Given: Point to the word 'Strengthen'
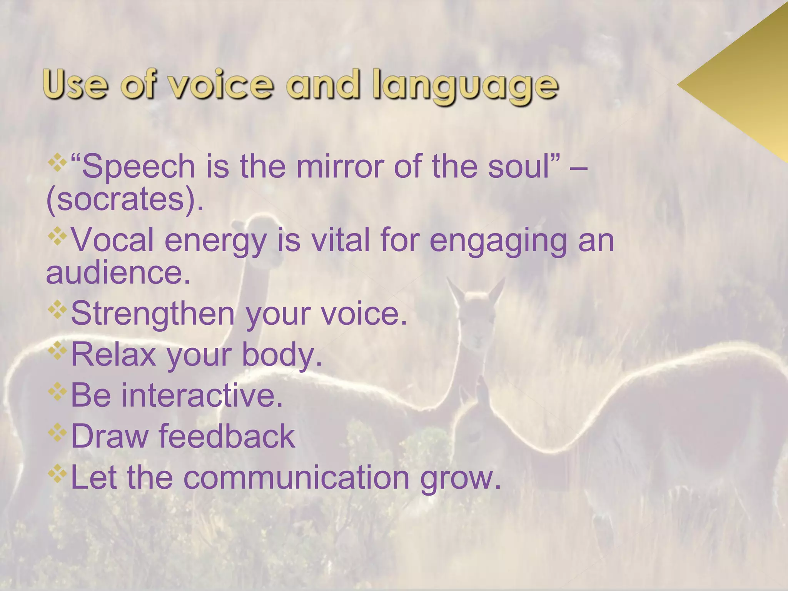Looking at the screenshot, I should (x=153, y=314).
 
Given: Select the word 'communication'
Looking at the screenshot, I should (x=296, y=477).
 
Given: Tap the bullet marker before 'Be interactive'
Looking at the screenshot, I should (x=57, y=391).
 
